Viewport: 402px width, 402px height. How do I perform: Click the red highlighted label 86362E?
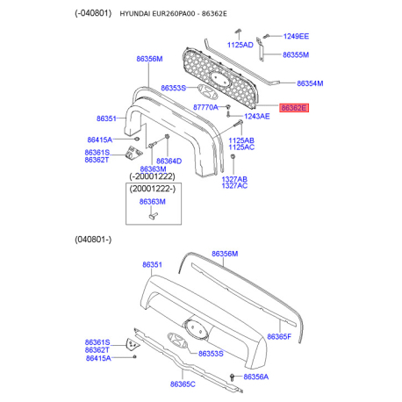point(294,108)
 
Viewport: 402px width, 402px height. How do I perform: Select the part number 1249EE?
point(296,36)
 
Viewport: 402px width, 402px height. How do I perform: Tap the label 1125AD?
point(240,45)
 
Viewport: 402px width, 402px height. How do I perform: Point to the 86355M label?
point(296,54)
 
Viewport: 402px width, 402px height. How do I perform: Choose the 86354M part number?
point(310,83)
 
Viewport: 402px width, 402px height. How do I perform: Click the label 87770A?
point(205,107)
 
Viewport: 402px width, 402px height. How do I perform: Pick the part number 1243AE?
point(257,117)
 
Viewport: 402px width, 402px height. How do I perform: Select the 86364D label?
point(169,161)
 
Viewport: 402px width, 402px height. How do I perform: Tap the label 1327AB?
point(234,179)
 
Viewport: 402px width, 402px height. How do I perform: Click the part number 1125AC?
point(241,147)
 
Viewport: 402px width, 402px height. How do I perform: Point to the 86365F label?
point(279,337)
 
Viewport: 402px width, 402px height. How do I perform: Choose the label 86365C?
point(183,384)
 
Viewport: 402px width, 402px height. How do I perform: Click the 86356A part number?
point(255,377)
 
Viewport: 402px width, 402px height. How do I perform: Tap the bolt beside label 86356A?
point(233,377)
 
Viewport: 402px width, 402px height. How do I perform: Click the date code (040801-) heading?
point(93,240)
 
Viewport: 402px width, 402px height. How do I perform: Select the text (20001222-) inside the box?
point(153,189)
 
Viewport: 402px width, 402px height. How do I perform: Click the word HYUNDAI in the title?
point(135,14)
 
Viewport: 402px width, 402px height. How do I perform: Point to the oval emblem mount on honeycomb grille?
point(219,80)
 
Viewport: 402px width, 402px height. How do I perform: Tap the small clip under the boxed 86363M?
point(153,216)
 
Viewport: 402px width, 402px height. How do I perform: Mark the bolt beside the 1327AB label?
point(233,157)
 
